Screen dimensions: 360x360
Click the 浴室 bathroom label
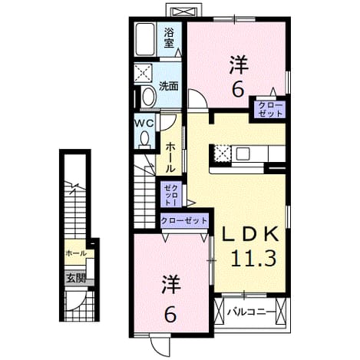pyautogui.click(x=169, y=38)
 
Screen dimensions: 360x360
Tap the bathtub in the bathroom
pyautogui.click(x=145, y=39)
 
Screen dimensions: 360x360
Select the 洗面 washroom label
pyautogui.click(x=169, y=86)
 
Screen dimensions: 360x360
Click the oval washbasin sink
pyautogui.click(x=148, y=97)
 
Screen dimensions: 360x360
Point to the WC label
pyautogui.click(x=144, y=124)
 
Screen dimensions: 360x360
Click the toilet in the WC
pyautogui.click(x=145, y=140)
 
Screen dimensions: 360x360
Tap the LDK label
pyautogui.click(x=249, y=234)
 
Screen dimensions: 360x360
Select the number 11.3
pyautogui.click(x=253, y=258)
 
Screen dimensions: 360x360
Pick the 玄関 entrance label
pyautogui.click(x=76, y=278)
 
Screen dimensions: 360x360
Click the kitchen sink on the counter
pyautogui.click(x=243, y=154)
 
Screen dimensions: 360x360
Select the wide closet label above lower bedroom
pyautogui.click(x=183, y=220)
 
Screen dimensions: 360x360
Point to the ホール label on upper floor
pyautogui.click(x=170, y=157)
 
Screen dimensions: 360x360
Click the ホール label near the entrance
pyautogui.click(x=76, y=253)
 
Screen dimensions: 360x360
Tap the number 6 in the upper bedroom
pyautogui.click(x=238, y=90)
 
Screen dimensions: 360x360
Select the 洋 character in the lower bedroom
pyautogui.click(x=170, y=285)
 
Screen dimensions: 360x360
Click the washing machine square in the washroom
pyautogui.click(x=144, y=74)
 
